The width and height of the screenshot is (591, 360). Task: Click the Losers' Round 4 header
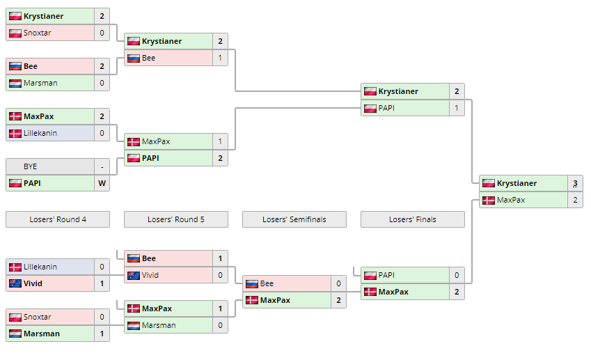coord(58,219)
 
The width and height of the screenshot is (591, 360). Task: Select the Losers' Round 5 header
coord(176,219)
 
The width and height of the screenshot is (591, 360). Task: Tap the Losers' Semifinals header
coord(294,219)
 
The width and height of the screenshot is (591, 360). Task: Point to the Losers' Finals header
coord(413,219)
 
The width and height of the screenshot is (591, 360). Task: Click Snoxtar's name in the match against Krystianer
coord(38,33)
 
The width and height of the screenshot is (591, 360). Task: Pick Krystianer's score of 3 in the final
coord(575,183)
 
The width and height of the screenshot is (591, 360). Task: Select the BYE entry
coord(31,166)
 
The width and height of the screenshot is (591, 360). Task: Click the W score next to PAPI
coord(102,183)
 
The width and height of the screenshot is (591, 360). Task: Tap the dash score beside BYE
coord(102,166)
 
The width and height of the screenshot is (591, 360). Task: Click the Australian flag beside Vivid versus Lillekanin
coord(15,283)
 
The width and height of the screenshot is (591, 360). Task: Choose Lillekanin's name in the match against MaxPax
coord(40,133)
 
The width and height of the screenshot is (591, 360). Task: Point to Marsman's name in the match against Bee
coord(40,83)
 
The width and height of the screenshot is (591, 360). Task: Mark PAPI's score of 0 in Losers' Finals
coord(457,275)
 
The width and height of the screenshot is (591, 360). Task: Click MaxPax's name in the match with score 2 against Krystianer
coord(511,200)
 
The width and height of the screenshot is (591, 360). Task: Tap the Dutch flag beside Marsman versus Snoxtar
coord(15,334)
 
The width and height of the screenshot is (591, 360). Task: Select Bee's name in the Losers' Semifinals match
coord(267,283)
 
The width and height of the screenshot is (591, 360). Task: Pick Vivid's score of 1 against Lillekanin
coord(102,283)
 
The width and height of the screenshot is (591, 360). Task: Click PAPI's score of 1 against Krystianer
coord(457,108)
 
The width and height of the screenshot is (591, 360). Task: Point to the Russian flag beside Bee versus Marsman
coord(15,66)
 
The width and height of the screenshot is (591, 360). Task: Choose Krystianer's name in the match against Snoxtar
coord(43,16)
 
